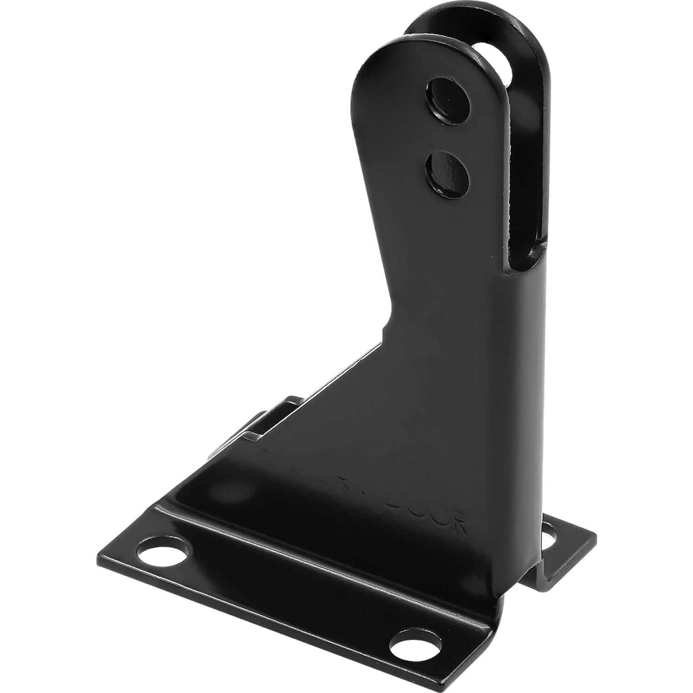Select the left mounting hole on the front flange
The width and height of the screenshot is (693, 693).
164,552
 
